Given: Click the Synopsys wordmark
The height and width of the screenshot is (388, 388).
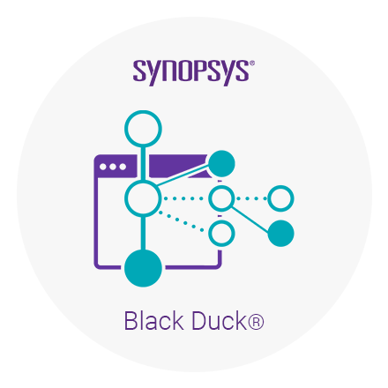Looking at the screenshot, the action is coord(191,72).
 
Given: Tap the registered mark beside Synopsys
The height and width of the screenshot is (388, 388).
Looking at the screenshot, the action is coord(252,63).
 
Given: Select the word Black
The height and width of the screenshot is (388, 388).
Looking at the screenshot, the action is coord(153,321).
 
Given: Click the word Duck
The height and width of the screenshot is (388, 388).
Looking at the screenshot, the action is coord(219,321).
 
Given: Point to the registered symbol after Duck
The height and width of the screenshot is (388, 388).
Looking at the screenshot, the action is coord(256,322).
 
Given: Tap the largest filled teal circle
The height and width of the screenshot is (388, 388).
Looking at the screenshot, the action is coord(143,268).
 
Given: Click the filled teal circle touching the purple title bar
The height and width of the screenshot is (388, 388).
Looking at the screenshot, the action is coord(221,163).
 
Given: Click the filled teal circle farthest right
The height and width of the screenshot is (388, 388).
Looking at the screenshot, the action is coord(280,234).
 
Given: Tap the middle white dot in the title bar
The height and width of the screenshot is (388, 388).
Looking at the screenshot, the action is coord(113,167).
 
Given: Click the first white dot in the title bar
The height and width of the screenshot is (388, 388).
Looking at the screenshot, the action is coord(103,167).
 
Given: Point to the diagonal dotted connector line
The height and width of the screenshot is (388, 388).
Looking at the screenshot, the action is coord(182,221).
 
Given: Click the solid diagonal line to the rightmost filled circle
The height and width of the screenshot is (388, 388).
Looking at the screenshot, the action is coord(250,220).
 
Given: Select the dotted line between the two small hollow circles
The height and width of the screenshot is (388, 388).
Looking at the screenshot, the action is coord(251,198).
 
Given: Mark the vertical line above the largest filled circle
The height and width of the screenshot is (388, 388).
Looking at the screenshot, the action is coord(143,234).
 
